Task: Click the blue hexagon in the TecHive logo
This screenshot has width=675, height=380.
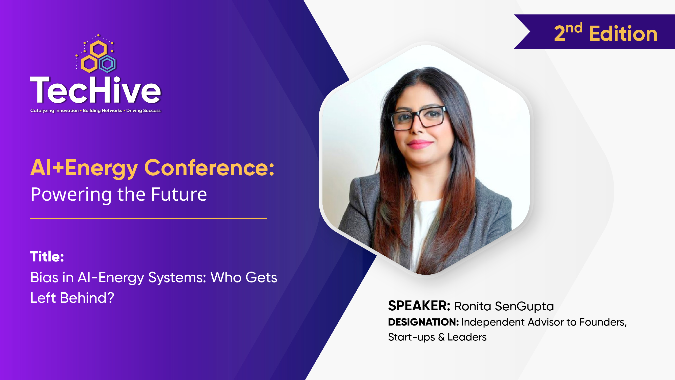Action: (107, 64)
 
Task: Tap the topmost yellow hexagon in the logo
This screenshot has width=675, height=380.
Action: (98, 49)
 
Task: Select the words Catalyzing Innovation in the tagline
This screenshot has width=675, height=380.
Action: (54, 110)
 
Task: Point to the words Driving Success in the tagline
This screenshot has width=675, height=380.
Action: (143, 110)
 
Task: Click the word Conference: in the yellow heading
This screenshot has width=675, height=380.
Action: (209, 168)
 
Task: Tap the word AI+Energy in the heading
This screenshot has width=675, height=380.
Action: (84, 168)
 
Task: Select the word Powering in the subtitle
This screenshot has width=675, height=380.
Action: (71, 195)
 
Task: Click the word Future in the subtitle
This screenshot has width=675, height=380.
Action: (179, 195)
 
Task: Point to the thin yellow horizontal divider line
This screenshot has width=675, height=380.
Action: (148, 218)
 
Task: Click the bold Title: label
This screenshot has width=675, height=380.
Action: (47, 256)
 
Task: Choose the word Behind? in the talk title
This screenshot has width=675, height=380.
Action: (87, 298)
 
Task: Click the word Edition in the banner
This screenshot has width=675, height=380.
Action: (623, 34)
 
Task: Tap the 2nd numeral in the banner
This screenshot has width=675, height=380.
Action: (568, 32)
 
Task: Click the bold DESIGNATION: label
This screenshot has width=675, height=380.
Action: (423, 322)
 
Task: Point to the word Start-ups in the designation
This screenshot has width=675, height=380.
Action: (411, 337)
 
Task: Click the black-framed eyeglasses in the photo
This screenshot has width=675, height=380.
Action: (419, 118)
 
